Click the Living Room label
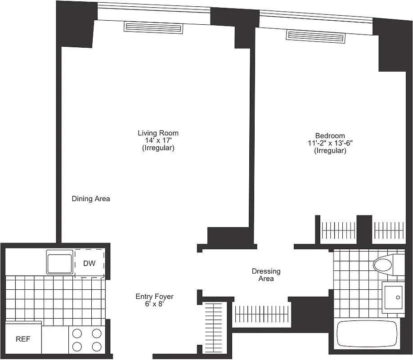pyautogui.click(x=158, y=133)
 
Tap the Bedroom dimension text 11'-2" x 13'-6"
pyautogui.click(x=330, y=143)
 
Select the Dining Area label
pyautogui.click(x=91, y=198)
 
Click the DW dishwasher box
pyautogui.click(x=90, y=263)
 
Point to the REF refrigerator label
pyautogui.click(x=23, y=339)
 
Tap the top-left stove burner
pyautogui.click(x=77, y=334)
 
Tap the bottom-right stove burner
pyautogui.click(x=96, y=346)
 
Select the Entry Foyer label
pyautogui.click(x=154, y=297)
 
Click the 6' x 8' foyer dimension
pyautogui.click(x=154, y=304)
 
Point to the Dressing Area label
pyautogui.click(x=266, y=275)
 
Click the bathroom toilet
pyautogui.click(x=386, y=265)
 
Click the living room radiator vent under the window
pyautogui.click(x=153, y=28)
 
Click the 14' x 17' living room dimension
pyautogui.click(x=158, y=140)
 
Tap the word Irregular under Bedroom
pyautogui.click(x=330, y=151)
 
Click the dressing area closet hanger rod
pyautogui.click(x=261, y=312)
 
